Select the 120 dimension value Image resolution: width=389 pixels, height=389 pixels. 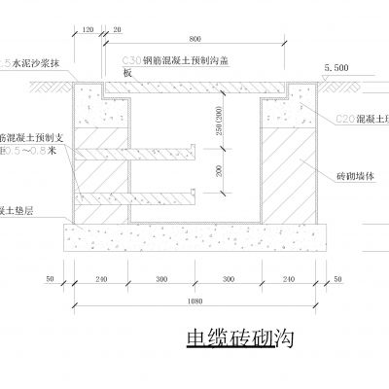point(89,30)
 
